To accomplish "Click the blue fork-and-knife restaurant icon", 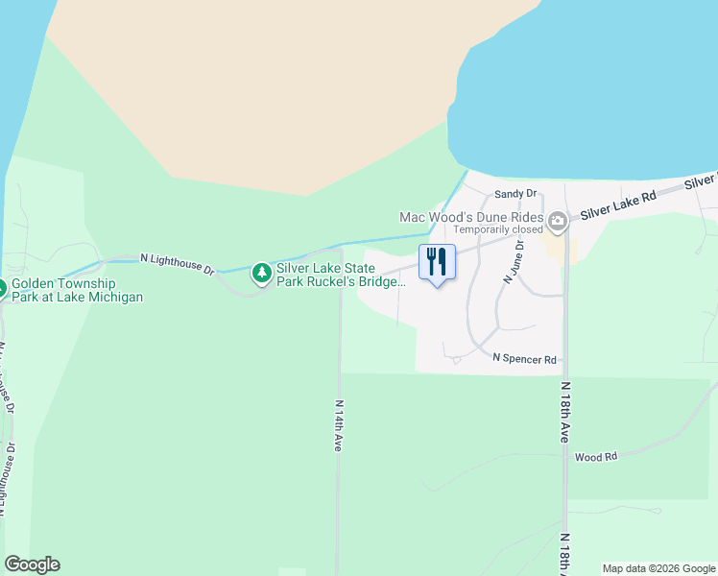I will tap(437, 262).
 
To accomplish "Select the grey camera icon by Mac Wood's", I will tap(558, 223).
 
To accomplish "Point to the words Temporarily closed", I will tap(498, 229).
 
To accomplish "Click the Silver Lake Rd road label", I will tap(618, 202).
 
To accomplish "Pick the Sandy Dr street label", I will tap(513, 194).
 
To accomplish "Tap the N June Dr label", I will tap(511, 262).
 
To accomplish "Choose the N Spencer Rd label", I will tap(524, 359).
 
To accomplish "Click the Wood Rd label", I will tap(595, 457).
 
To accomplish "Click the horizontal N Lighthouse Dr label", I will tap(178, 263).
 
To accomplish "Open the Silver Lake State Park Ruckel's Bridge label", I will tap(341, 276).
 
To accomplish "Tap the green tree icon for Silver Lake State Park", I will tap(261, 275).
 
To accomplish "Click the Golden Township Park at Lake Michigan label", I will tap(77, 291).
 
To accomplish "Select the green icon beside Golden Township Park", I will tap(2, 287).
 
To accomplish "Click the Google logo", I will tap(32, 564).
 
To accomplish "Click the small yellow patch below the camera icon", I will tap(554, 249).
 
